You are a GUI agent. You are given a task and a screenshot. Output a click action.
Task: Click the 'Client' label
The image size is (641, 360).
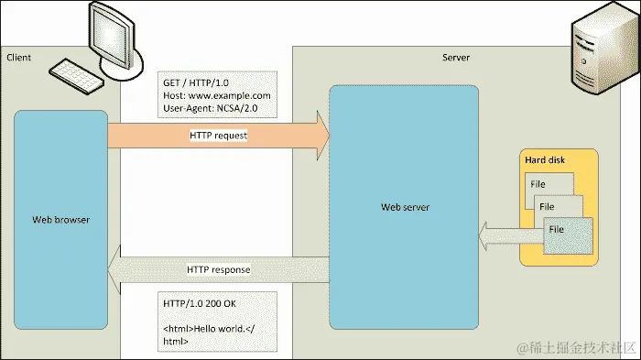tap(18, 58)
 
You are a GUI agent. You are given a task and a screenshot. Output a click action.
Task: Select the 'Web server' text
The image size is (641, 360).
tap(405, 207)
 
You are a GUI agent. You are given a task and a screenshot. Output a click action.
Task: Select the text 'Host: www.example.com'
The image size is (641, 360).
tap(216, 94)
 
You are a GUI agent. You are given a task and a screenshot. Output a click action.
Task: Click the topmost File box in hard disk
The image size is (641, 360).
tap(540, 183)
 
